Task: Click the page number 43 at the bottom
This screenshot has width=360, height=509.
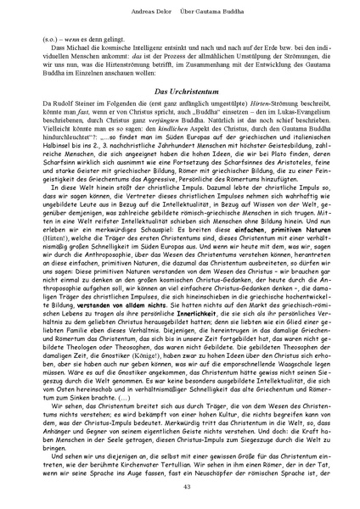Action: click(180, 484)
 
